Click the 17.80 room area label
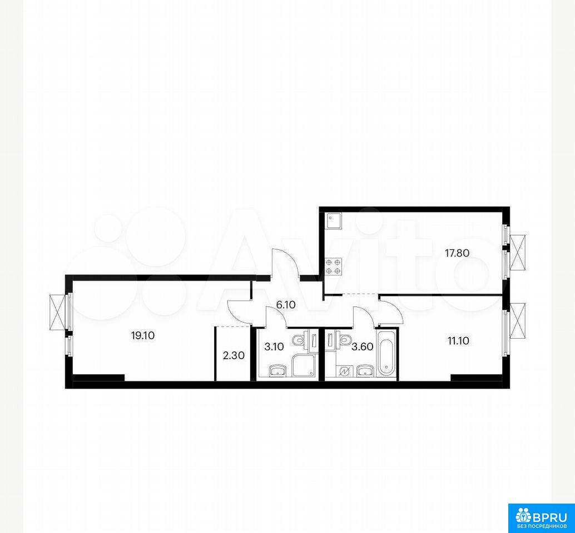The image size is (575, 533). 457,253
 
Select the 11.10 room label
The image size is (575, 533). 458,341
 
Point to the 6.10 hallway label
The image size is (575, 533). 286,305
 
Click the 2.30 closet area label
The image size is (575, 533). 233,355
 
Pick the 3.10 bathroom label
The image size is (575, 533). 274,346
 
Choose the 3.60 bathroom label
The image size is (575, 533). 363,346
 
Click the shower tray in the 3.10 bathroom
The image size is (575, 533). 304,365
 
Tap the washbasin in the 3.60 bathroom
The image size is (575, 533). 365,371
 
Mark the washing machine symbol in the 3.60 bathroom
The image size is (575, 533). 345,371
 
